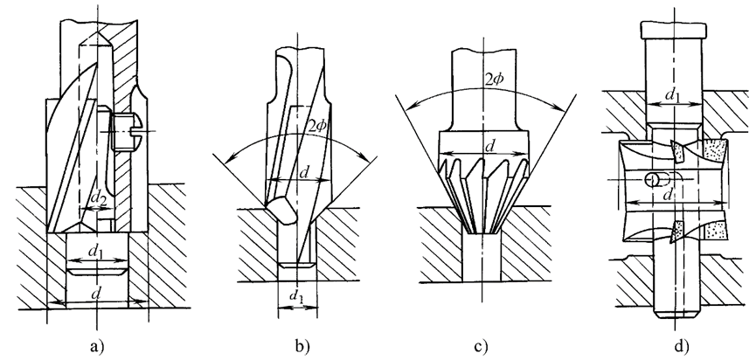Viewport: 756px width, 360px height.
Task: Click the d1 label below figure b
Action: point(295,302)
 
